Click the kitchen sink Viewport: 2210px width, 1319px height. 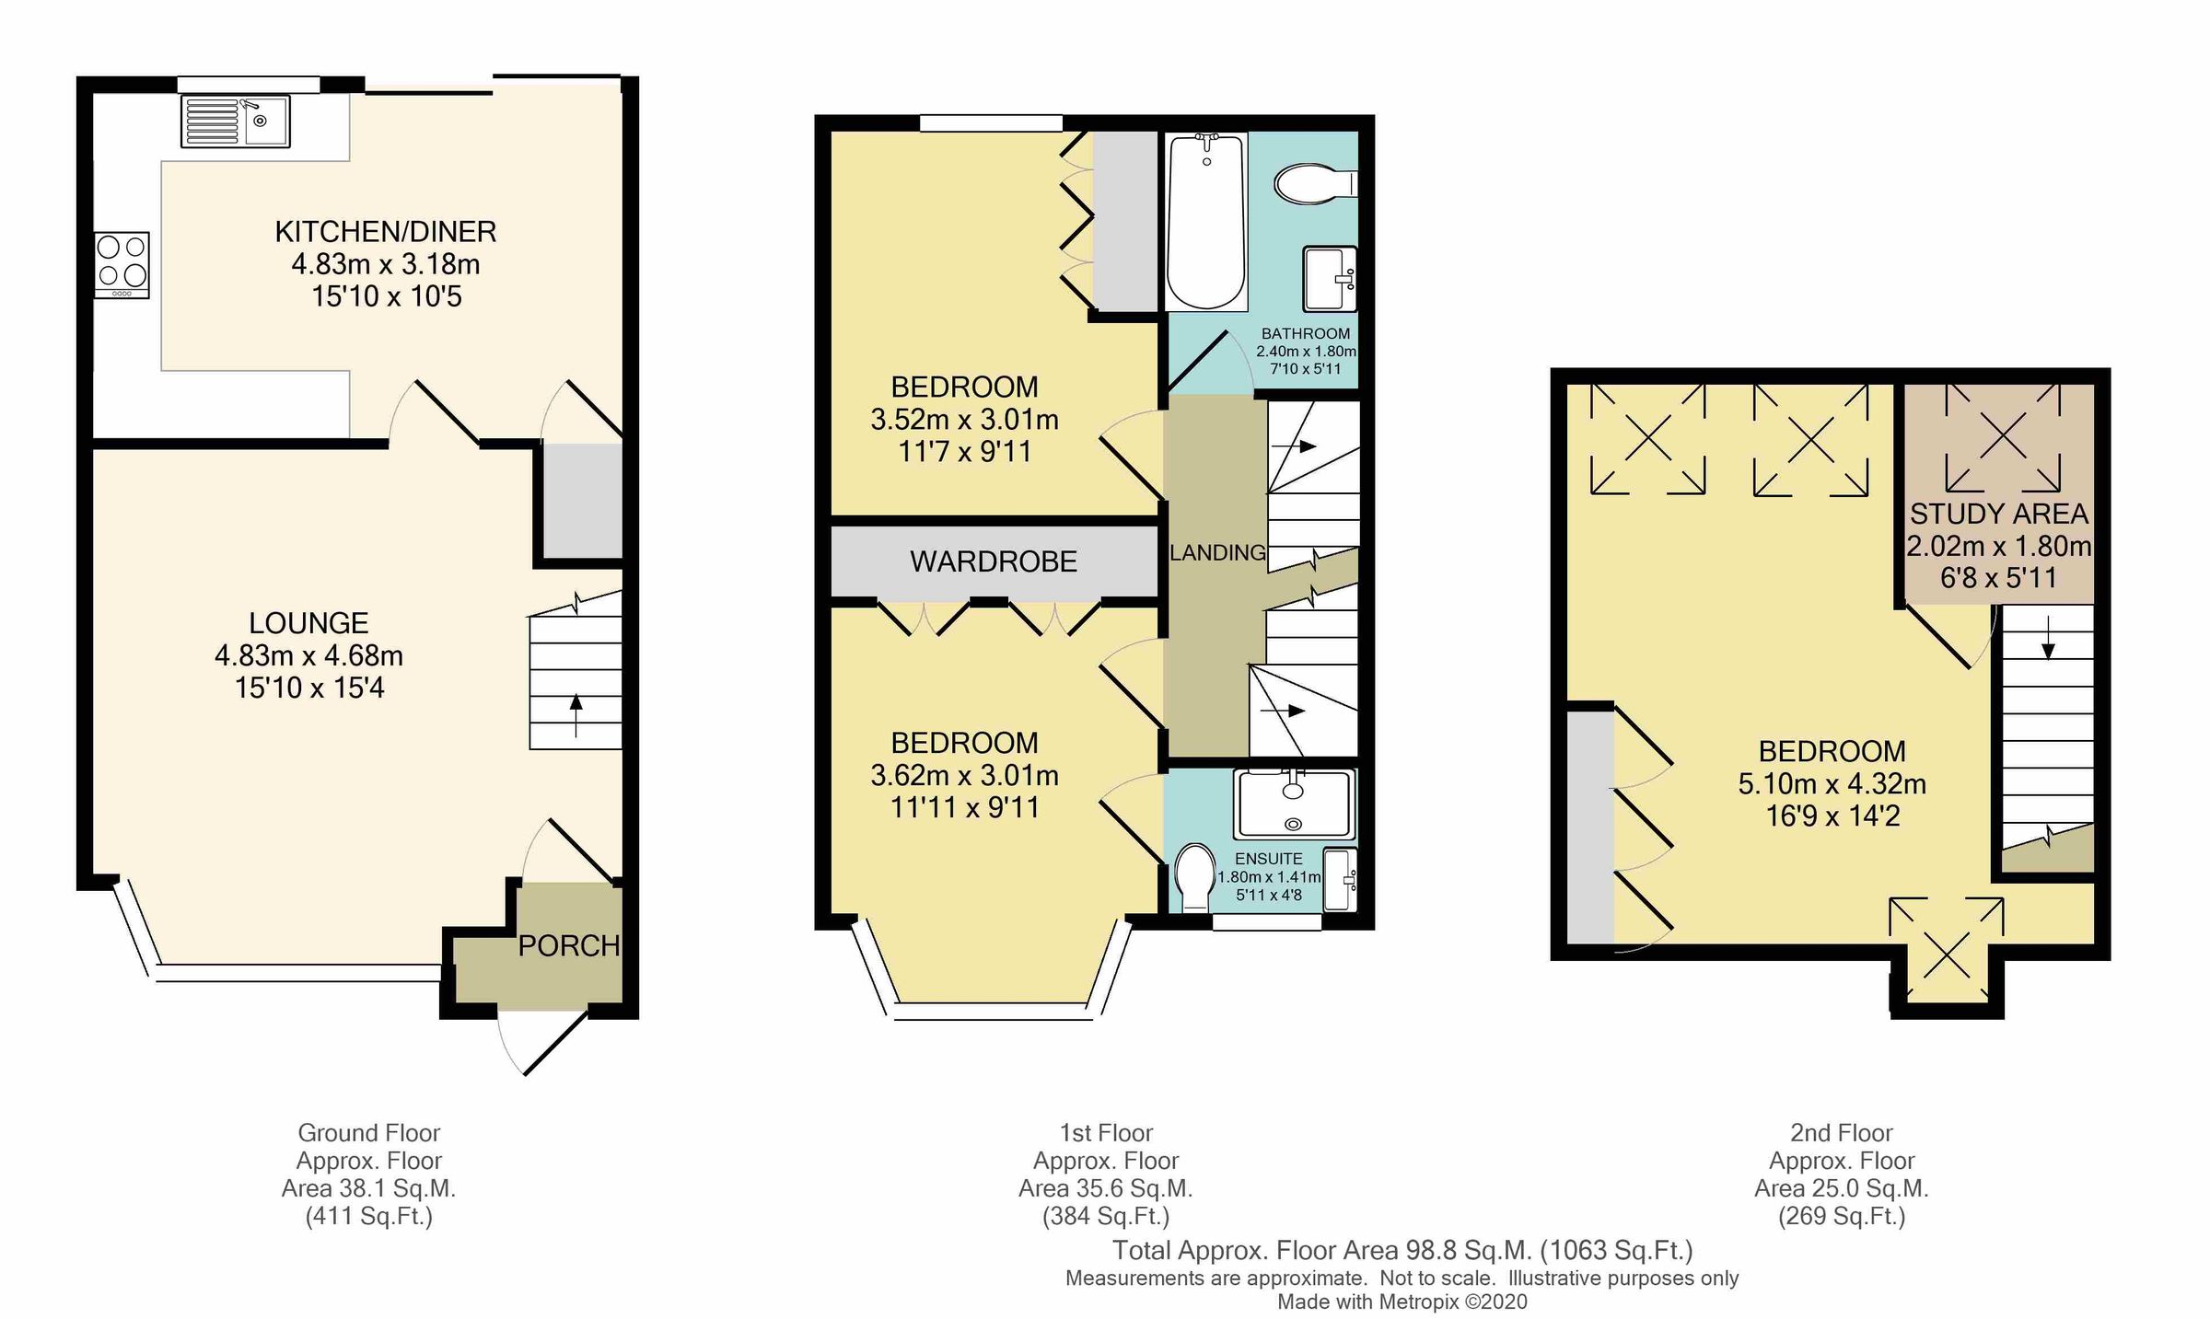click(x=236, y=121)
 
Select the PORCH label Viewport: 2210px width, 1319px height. click(x=568, y=945)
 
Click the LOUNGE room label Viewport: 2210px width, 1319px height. click(x=308, y=623)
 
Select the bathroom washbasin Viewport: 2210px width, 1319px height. click(x=1329, y=279)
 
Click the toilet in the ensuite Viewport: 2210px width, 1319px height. click(x=1195, y=877)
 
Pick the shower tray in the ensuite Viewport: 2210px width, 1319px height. click(x=1294, y=804)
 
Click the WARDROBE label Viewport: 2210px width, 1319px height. click(x=993, y=561)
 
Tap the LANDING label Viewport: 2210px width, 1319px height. click(x=1217, y=552)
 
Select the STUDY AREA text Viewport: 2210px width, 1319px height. click(x=1998, y=514)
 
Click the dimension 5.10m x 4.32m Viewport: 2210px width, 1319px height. click(x=1832, y=784)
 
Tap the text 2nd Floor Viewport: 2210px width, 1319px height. click(x=1841, y=1132)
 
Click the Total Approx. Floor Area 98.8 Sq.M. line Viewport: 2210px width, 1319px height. click(x=1402, y=1250)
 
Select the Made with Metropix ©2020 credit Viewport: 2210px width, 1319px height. click(x=1402, y=1302)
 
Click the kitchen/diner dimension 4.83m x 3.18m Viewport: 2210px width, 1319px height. click(x=385, y=265)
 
